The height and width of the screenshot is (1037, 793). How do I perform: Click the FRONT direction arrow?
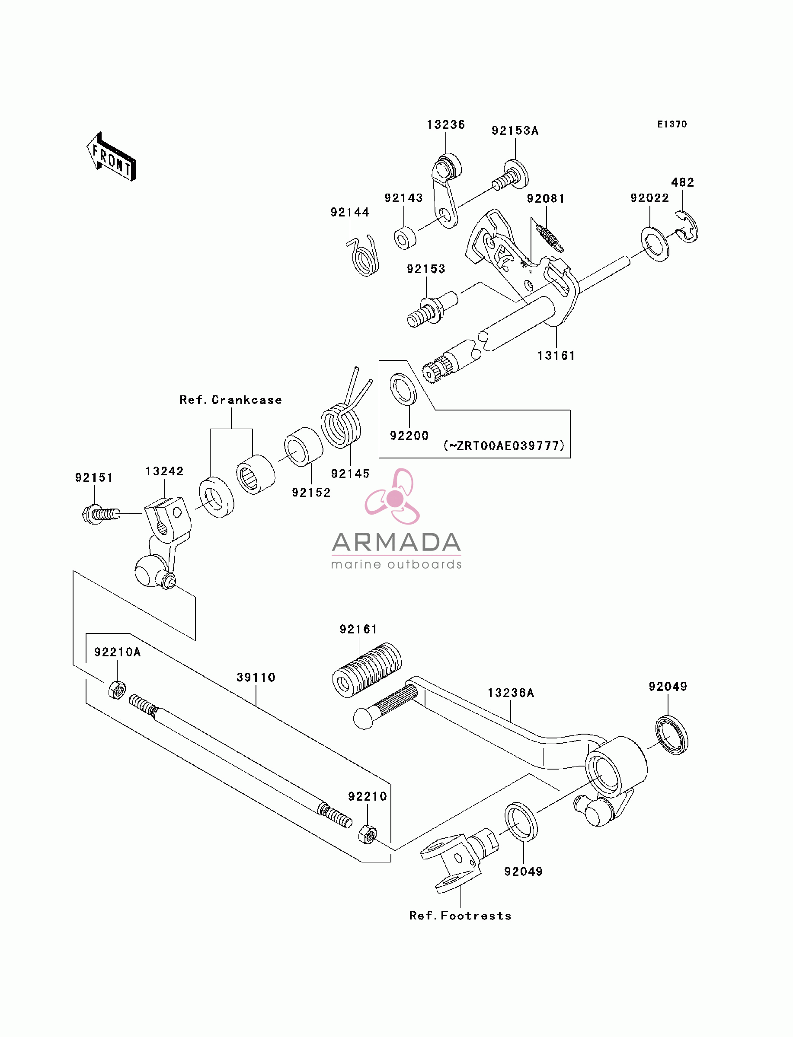112,157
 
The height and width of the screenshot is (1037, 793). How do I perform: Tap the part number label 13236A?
511,693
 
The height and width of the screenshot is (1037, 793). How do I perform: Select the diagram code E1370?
672,124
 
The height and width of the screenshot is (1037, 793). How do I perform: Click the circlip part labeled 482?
687,227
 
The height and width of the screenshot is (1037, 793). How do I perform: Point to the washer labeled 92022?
655,244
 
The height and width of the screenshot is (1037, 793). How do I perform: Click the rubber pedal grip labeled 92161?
367,670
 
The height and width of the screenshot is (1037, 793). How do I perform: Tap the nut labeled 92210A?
117,690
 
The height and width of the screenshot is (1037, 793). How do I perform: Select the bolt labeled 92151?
101,514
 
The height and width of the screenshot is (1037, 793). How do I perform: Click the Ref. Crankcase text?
231,400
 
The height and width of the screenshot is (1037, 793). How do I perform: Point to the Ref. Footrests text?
460,916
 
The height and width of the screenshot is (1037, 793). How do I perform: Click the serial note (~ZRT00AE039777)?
504,445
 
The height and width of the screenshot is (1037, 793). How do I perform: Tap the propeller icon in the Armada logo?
393,496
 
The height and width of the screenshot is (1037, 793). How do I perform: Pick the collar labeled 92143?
405,238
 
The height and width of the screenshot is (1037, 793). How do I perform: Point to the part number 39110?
256,678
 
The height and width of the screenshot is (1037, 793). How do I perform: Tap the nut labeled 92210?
367,835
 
